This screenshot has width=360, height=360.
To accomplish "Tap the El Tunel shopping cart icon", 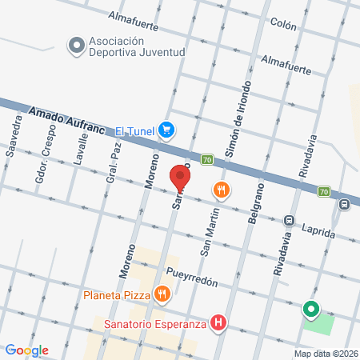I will click(166, 130).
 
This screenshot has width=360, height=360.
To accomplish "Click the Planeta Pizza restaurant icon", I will click(162, 294).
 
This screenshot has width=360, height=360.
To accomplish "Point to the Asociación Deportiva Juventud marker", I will click(76, 46).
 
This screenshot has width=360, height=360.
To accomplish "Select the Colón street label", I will click(284, 24).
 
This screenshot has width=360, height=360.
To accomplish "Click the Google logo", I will click(27, 350).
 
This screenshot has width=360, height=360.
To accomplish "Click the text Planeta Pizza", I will click(117, 294).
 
